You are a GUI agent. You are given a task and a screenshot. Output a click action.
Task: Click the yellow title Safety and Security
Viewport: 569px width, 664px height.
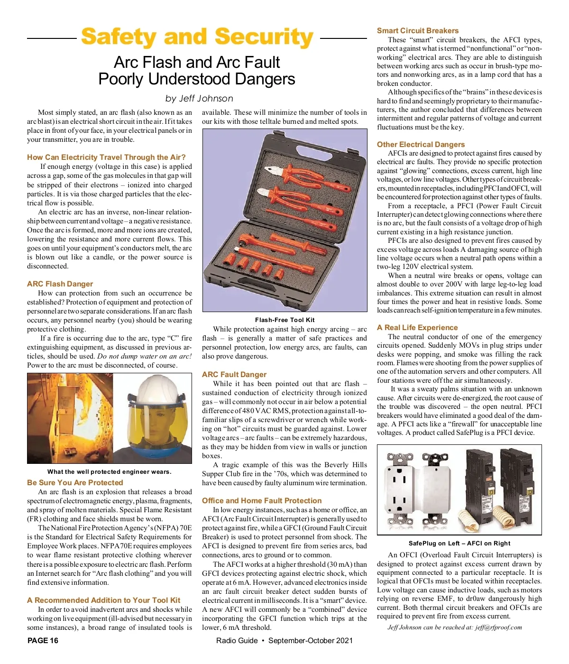197,37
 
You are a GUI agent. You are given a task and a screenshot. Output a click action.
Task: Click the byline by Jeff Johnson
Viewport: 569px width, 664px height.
199,99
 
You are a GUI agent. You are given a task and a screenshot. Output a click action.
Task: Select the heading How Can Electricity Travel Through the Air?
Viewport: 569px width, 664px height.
106,157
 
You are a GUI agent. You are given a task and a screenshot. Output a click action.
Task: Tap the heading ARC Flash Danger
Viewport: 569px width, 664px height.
60,284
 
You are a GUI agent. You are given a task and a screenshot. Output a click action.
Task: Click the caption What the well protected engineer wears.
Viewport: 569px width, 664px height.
109,471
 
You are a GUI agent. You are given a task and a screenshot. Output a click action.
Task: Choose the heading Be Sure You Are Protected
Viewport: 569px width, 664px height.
75,482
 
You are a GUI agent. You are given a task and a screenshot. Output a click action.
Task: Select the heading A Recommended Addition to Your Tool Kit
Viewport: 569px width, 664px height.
103,600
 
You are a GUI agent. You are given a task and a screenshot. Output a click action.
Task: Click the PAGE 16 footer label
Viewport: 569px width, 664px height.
43,640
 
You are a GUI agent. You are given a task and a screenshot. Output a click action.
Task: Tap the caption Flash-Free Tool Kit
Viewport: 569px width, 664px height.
284,320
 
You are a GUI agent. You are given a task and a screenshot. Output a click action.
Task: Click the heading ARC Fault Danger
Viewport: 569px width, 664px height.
234,374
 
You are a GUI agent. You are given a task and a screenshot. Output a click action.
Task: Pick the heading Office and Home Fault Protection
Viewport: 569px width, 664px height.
261,500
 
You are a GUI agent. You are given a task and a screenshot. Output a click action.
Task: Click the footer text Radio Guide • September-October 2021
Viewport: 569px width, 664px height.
284,640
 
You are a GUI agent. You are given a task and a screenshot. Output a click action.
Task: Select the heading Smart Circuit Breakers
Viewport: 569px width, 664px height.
417,30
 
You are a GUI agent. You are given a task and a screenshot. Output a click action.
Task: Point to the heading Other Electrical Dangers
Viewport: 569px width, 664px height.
421,144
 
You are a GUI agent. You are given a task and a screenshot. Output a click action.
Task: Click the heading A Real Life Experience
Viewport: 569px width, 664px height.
417,327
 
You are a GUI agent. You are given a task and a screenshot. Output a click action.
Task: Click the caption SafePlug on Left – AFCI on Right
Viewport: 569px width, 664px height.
459,543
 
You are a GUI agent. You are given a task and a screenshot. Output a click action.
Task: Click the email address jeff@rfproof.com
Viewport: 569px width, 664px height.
498,627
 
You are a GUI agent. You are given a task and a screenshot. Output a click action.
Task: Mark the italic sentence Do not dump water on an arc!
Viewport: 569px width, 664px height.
144,356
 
